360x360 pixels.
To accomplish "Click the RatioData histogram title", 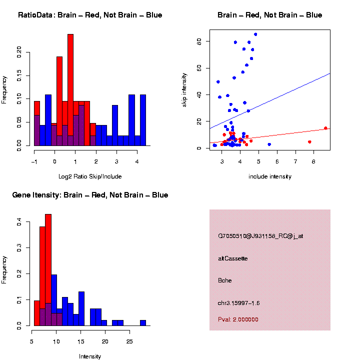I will [90, 15].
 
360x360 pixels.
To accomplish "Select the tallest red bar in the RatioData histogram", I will [70, 90].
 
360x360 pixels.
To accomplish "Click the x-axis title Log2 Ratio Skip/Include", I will [90, 176].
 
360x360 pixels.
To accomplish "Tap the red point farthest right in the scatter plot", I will [325, 128].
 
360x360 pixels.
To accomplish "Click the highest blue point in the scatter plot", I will [255, 34].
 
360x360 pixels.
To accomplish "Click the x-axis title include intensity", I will [270, 176].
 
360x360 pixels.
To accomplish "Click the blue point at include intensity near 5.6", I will [269, 144].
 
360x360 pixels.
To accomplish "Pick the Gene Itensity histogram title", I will [90, 195].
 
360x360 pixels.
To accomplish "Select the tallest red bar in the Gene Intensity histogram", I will [48, 270].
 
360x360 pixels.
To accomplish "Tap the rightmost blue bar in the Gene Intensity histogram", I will [143, 322].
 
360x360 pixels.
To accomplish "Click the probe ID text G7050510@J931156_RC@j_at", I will [260, 235].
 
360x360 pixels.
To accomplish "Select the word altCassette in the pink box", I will [233, 258].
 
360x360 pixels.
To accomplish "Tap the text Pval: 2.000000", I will [238, 319].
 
